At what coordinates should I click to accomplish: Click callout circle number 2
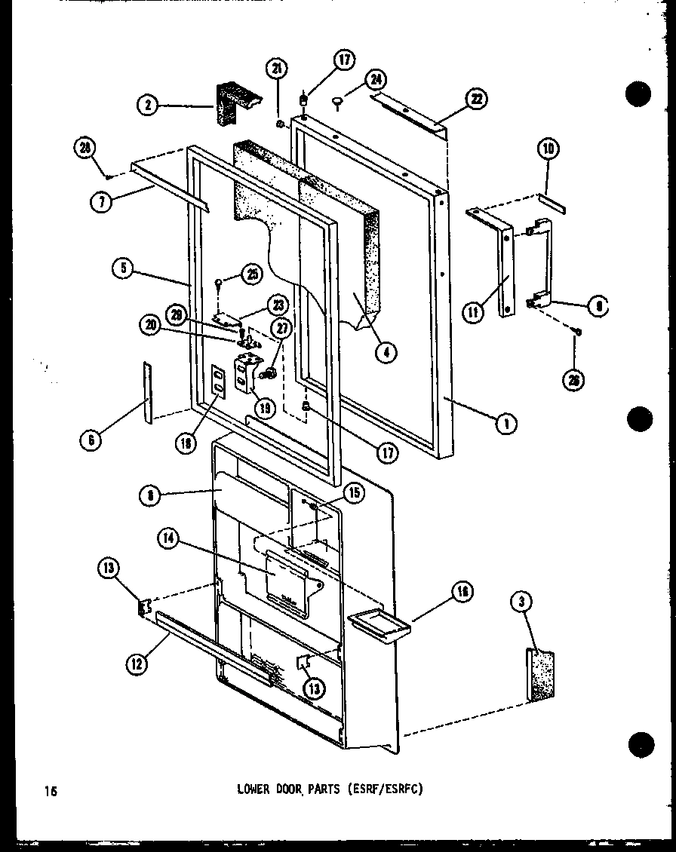(x=149, y=106)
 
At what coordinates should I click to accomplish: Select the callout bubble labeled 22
(x=476, y=99)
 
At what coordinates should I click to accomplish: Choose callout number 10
(x=548, y=150)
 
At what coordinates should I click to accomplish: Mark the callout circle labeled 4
(x=386, y=351)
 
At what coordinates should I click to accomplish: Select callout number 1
(x=506, y=424)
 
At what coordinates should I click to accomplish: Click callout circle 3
(x=538, y=601)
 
